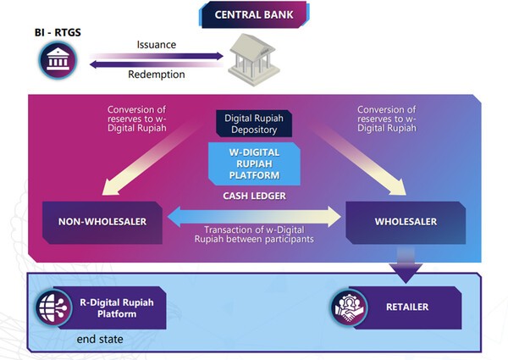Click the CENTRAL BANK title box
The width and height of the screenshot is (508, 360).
click(x=254, y=15)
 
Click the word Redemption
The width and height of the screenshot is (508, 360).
click(x=157, y=75)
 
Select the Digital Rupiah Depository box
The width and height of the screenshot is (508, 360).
click(x=254, y=123)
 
